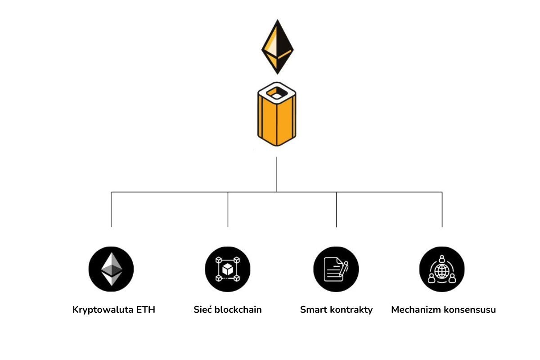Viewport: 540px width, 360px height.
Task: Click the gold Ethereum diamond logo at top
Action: pos(277,46)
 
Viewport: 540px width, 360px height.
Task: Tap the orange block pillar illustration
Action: pos(276,118)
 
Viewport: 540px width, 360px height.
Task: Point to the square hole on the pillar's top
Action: pos(276,94)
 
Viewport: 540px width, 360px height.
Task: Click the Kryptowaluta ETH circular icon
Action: pos(111,269)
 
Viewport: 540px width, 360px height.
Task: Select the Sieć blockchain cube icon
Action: pos(228,269)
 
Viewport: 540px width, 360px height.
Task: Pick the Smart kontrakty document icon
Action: pos(336,269)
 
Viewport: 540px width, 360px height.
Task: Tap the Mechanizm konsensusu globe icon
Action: pos(442,269)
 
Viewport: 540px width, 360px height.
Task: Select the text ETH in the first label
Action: pos(145,310)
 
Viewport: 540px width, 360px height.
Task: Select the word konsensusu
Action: pos(470,310)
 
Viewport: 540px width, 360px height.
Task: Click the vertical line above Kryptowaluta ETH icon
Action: pos(111,209)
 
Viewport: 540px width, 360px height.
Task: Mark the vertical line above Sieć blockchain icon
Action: pos(228,209)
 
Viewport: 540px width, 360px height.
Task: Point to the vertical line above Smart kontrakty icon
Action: pos(337,209)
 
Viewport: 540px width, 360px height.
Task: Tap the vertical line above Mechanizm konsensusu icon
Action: pos(442,209)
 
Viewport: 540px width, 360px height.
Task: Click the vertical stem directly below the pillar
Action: pos(276,175)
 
